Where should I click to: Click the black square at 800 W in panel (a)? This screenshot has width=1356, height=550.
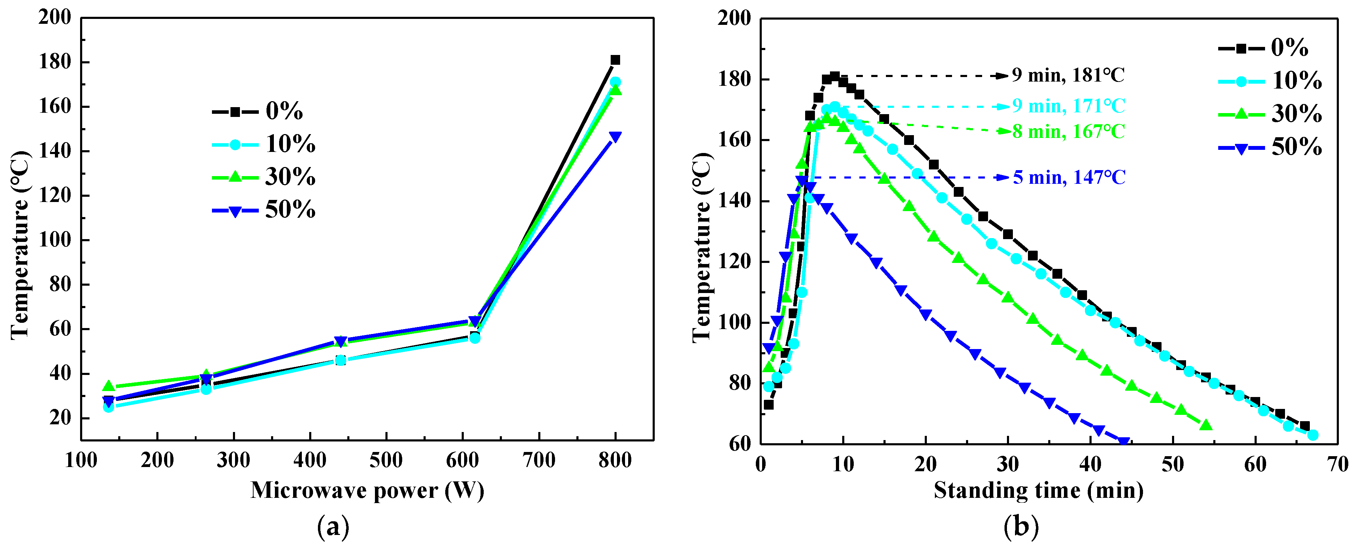(615, 60)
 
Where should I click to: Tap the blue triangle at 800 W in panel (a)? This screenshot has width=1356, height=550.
(615, 137)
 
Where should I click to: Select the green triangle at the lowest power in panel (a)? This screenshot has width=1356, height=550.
(108, 386)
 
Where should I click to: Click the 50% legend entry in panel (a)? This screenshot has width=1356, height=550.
(264, 210)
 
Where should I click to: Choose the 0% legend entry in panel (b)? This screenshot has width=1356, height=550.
(1263, 48)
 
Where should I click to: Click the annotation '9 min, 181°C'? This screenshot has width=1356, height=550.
(1067, 75)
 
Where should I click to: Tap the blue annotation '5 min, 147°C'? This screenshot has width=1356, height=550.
(1069, 177)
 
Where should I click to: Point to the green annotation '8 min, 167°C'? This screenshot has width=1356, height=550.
(1069, 131)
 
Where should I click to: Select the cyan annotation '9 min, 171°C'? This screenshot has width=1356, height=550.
(1069, 106)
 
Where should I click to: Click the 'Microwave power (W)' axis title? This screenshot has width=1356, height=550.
(367, 490)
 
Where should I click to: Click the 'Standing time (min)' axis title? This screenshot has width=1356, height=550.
(1038, 490)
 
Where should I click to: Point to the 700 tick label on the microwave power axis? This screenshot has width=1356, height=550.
(539, 460)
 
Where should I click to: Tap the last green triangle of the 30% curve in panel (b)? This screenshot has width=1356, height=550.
(1206, 425)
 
